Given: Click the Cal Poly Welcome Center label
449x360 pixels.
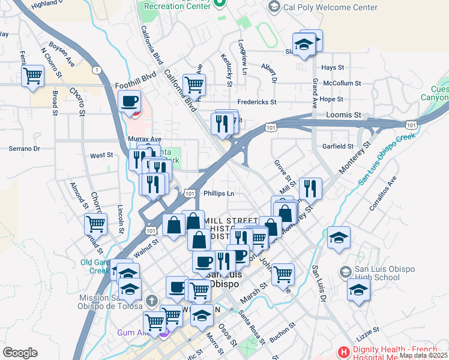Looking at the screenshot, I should click(x=331, y=8).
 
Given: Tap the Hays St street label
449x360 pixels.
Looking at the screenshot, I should click(x=337, y=68).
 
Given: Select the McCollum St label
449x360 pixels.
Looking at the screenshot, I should click(x=342, y=83).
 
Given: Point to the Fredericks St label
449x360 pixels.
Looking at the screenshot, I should click(x=256, y=102).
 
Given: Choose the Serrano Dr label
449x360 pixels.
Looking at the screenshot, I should click(x=24, y=148).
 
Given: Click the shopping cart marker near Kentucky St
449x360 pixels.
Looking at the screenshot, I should click(x=194, y=85).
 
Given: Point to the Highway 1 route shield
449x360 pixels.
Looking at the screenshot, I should click(x=97, y=70).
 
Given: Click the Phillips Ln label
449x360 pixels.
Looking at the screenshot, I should click(x=218, y=193).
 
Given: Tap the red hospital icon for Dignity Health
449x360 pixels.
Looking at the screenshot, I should click(x=344, y=351).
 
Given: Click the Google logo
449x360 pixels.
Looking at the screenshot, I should click(x=20, y=353).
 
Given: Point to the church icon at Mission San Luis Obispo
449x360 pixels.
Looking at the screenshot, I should click(x=152, y=299).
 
